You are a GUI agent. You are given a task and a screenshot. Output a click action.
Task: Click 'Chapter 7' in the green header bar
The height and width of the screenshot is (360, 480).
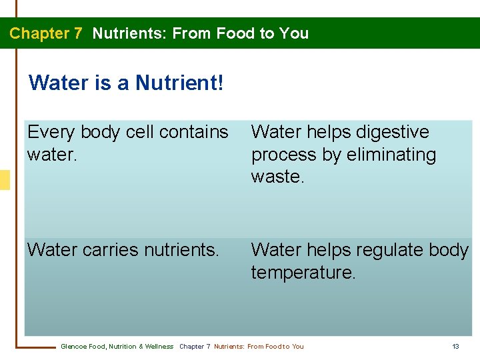pos(45,33)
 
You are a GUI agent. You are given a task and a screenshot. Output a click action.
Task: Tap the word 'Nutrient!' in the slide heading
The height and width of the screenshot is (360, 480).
pos(179,83)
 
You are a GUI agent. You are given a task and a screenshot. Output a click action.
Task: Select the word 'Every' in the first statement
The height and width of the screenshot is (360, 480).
pos(50,133)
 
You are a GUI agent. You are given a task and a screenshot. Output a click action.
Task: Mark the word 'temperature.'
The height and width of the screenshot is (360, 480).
pos(303,272)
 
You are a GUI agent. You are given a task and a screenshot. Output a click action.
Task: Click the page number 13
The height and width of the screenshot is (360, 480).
pos(456,347)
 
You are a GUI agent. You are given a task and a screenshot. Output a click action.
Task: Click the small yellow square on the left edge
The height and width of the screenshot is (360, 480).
pos(5,180)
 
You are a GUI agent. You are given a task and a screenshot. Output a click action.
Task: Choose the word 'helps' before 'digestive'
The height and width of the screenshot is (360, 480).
pos(326,133)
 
